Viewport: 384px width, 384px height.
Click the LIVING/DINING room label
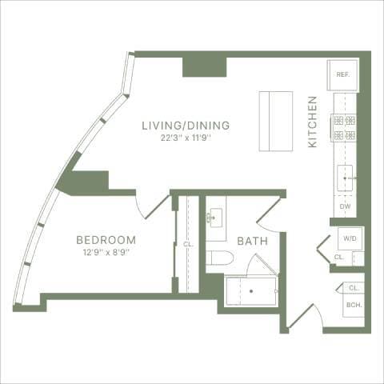[x=186, y=126]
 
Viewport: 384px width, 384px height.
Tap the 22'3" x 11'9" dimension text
[x=186, y=137]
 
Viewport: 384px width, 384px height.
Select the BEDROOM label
[x=106, y=240]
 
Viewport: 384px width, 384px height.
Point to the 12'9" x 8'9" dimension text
[x=105, y=252]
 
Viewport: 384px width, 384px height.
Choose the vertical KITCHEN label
[x=313, y=122]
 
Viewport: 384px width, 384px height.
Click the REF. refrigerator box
[x=342, y=75]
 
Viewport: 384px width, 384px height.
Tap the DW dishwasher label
[x=345, y=206]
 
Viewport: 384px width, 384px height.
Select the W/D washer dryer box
[x=350, y=238]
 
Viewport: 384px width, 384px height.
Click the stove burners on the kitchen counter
[x=344, y=127]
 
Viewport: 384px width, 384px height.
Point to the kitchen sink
[x=345, y=178]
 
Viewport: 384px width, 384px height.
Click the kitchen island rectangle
[x=276, y=121]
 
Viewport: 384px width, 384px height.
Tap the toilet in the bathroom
[x=218, y=258]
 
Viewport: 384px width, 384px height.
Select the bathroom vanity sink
[x=216, y=217]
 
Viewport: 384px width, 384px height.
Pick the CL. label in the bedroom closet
[x=188, y=245]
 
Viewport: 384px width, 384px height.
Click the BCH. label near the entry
[x=353, y=305]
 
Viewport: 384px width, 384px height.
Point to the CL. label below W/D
[x=339, y=258]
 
